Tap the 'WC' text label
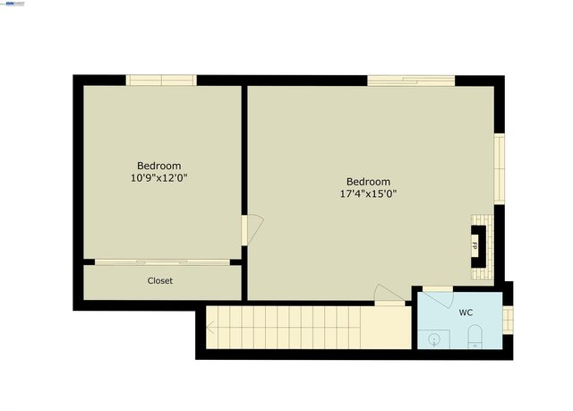click(x=466, y=313)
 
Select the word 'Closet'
click(x=160, y=281)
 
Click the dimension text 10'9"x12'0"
click(x=158, y=178)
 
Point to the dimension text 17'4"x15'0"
click(x=368, y=193)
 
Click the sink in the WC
click(x=434, y=339)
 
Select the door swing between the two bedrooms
click(x=252, y=229)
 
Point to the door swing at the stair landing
click(x=387, y=294)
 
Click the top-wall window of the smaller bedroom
click(x=161, y=81)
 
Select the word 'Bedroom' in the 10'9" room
click(x=158, y=166)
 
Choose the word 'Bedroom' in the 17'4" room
click(x=368, y=180)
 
